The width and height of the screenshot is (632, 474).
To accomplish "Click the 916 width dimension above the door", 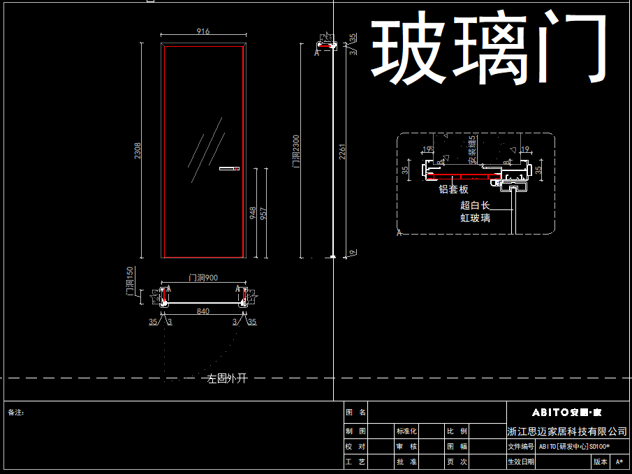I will [203, 31].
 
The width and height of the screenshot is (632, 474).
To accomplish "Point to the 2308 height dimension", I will [138, 150].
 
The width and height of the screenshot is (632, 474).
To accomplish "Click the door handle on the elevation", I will [229, 168].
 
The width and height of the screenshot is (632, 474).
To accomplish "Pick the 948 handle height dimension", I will [253, 213].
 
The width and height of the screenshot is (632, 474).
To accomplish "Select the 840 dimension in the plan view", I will [203, 311].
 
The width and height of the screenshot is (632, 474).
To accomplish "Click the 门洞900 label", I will [203, 278].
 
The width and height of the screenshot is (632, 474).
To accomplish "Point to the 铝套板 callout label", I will [453, 189].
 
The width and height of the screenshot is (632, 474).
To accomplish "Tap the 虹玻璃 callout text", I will [475, 218].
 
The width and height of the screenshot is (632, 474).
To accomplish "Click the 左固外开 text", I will [227, 379].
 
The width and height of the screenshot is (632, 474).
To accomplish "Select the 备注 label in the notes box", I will [16, 413].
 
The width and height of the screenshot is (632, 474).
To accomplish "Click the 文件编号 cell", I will [520, 447].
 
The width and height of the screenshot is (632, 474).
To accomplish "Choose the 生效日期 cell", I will [520, 462].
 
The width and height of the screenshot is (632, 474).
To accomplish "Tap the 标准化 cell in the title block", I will [406, 431].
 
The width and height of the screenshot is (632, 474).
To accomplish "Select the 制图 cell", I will [356, 431].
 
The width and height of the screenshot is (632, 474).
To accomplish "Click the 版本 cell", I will [601, 462].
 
